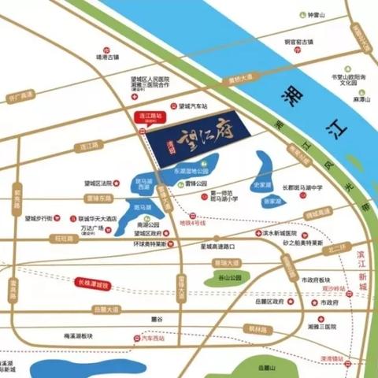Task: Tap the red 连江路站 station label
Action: [x=147, y=116]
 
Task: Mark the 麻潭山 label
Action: [x=361, y=101]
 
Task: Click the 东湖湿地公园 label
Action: [x=190, y=170]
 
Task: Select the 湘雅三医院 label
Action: [x=321, y=326]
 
